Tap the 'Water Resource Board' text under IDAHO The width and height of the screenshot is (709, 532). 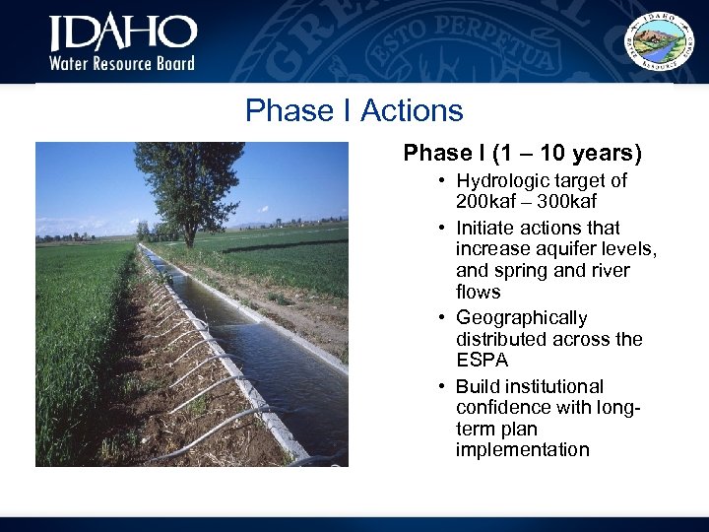(x=123, y=63)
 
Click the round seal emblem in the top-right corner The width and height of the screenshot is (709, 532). (x=663, y=42)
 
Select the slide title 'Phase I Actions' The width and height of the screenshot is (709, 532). (x=354, y=110)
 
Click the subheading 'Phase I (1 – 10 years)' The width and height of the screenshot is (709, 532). (x=522, y=154)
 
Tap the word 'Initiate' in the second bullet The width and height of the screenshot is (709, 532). (x=483, y=229)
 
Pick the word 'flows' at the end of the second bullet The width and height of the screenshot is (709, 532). (x=478, y=293)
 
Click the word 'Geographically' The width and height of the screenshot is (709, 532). (x=521, y=318)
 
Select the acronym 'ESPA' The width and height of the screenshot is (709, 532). (x=481, y=360)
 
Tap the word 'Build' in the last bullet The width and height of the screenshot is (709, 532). (x=477, y=386)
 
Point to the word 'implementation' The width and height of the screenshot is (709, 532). (x=522, y=450)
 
